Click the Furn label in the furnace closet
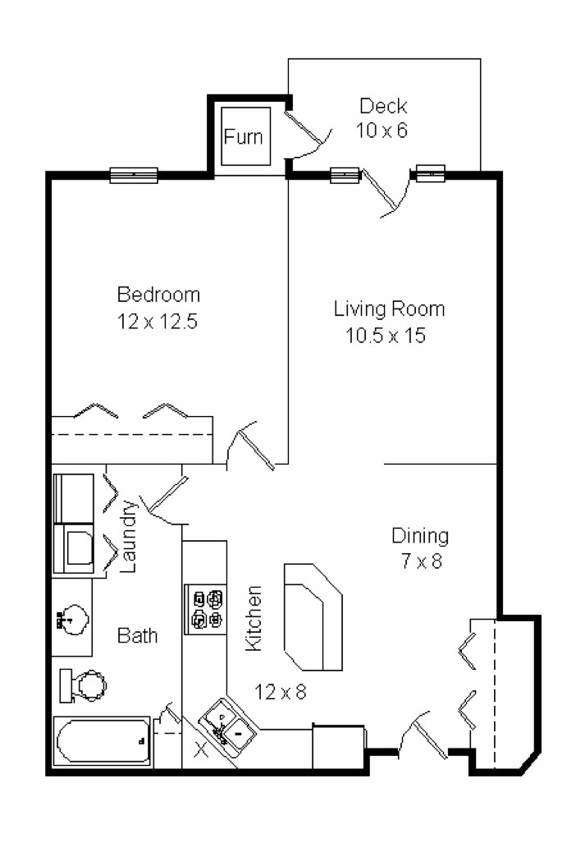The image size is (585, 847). point(244,136)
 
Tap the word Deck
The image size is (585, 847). point(383,106)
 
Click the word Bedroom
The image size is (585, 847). point(158,295)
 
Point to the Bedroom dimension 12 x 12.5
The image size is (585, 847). point(158,320)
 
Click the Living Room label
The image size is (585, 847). point(389,309)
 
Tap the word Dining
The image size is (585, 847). point(419,537)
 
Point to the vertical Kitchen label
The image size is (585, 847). point(254,618)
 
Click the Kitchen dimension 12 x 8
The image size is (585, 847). point(280,693)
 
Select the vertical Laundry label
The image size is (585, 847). point(129,536)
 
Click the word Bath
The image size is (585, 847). point(137,635)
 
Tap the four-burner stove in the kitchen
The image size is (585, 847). point(207,608)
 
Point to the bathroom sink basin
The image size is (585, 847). point(74,618)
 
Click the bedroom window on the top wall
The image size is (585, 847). point(134,175)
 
